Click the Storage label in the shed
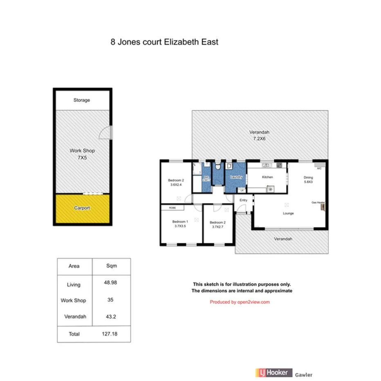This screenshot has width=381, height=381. [82, 100]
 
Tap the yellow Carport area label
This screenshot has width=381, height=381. [82, 208]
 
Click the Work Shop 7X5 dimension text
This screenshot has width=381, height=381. [82, 157]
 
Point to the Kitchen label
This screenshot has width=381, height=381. [267, 177]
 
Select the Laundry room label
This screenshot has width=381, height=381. [236, 177]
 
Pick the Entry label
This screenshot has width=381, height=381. [244, 200]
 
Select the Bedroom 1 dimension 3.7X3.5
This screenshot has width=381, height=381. [180, 225]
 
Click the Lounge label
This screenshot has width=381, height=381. [288, 213]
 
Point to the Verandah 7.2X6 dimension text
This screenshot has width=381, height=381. [260, 139]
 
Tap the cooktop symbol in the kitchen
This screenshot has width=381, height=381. [270, 188]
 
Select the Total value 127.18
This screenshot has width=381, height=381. [111, 334]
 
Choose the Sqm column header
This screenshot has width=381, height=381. [111, 266]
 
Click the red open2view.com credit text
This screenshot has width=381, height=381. [240, 302]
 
